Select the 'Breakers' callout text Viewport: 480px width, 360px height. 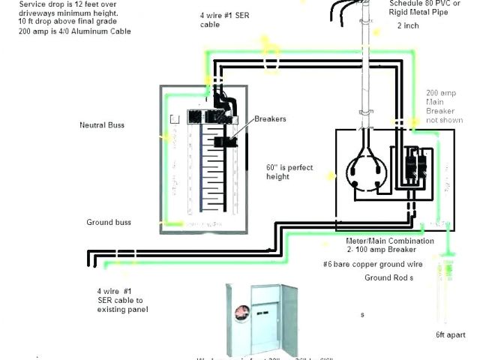[x=269, y=119]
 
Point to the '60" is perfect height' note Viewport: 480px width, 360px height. [x=289, y=172]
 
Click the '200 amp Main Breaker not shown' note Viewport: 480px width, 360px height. [x=441, y=106]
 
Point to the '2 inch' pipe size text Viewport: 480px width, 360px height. [x=409, y=25]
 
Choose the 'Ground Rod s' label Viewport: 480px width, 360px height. [x=389, y=277]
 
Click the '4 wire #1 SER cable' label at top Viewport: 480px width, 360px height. [x=220, y=19]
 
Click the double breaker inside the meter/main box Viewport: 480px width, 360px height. [x=412, y=166]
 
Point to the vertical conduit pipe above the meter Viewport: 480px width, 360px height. [x=367, y=75]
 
